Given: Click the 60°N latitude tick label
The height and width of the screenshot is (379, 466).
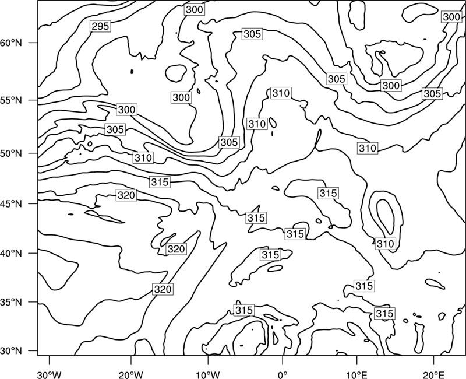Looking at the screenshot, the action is coord(11,43).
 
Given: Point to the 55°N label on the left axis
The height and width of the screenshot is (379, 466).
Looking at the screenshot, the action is coord(11,100).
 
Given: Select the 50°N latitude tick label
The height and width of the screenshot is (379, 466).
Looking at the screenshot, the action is coord(11,154).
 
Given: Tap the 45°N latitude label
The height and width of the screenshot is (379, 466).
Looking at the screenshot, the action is coord(11,204).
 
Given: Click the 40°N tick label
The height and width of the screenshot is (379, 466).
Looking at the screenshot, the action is coord(11,254).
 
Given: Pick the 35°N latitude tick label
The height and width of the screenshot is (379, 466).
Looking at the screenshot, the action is coord(11,303).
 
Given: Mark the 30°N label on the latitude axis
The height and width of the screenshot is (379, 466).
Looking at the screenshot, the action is coord(11,351).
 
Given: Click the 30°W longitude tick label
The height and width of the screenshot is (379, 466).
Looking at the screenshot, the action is coord(49,373).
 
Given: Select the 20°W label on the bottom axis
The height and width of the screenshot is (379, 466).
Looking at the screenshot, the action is coord(130,373).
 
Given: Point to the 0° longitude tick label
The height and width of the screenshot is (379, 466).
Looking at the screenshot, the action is coord(283,373).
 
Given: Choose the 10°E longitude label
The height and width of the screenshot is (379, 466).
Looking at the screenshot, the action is coord(356,373).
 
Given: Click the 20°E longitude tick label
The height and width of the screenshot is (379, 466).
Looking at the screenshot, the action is coord(433,373).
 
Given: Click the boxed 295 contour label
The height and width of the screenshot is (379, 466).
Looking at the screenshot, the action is coord(100,26).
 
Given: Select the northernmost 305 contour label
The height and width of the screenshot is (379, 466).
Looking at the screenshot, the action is coord(252,34).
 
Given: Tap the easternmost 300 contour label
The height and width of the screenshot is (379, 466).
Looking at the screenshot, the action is coord(452,17).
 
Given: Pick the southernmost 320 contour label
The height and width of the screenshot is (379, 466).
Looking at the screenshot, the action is coord(163,289).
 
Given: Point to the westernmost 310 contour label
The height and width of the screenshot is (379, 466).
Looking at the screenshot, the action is coord(143,157).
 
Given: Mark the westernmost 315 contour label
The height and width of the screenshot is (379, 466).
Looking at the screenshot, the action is coord(160,182).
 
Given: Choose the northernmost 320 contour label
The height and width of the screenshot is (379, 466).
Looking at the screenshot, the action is coord(126,195).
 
